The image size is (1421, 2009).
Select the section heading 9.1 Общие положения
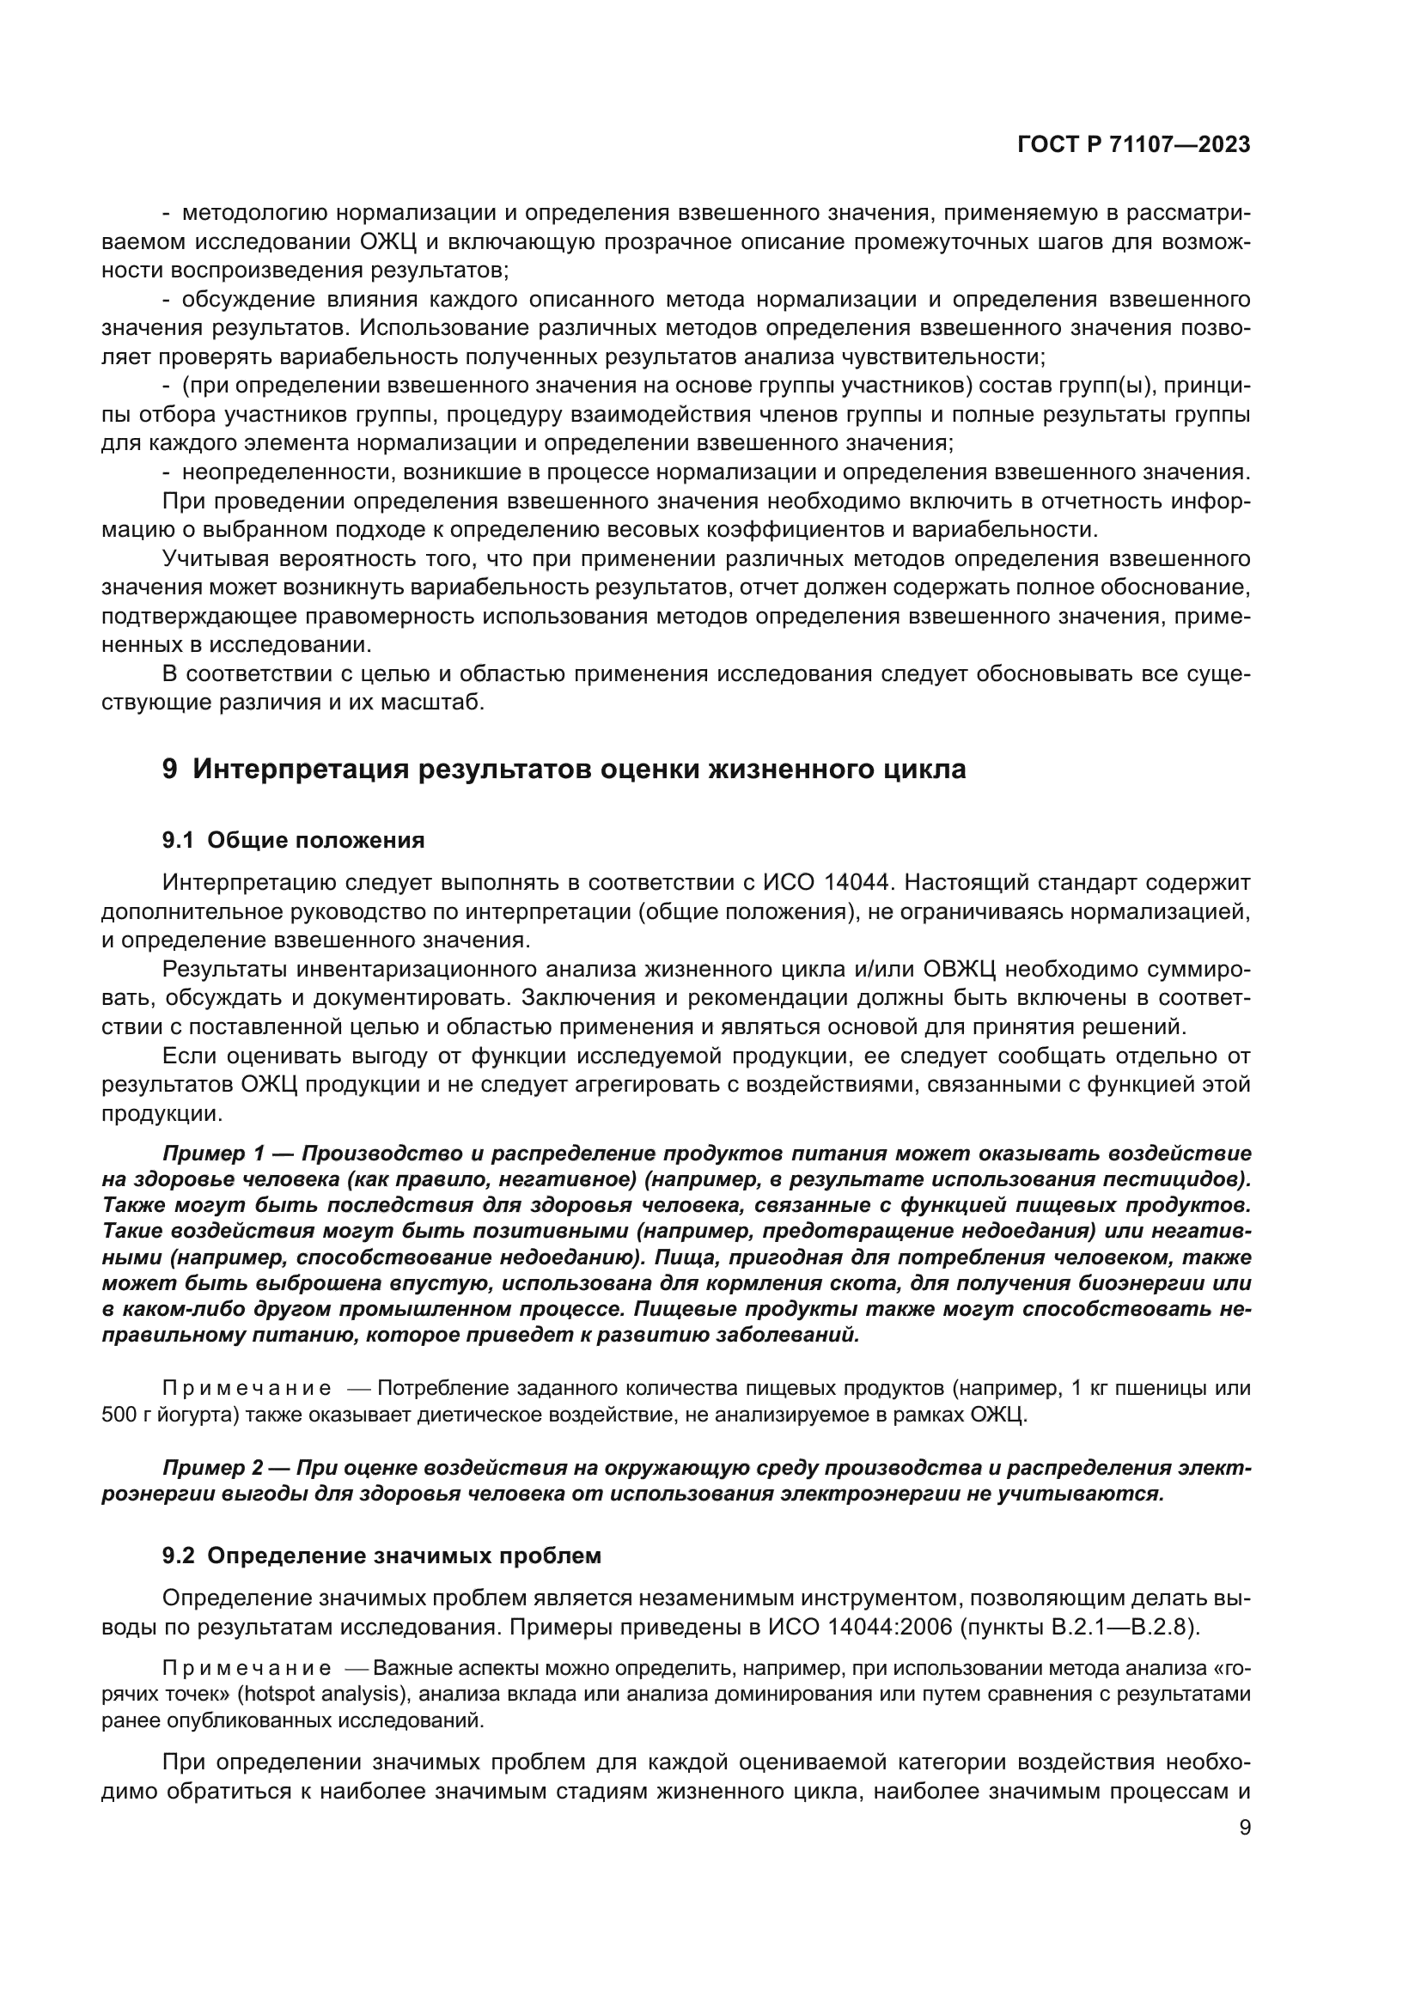point(293,841)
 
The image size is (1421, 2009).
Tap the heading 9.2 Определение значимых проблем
point(381,1555)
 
